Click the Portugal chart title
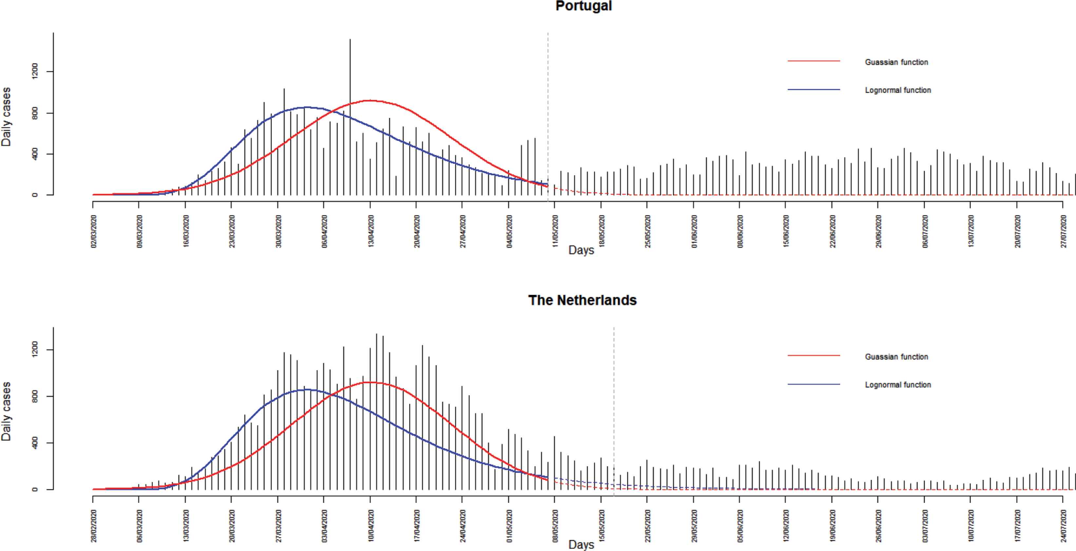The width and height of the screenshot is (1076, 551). click(x=583, y=6)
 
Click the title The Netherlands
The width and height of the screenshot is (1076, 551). click(x=582, y=300)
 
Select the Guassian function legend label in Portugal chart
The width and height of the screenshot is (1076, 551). click(x=896, y=62)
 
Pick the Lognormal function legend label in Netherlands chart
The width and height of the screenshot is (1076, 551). click(x=898, y=385)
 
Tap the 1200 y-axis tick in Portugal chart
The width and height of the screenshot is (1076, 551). click(x=35, y=71)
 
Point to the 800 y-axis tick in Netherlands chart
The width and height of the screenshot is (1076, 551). click(x=35, y=396)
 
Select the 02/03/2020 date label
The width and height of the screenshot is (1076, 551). click(x=94, y=231)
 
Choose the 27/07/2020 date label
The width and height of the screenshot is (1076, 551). click(x=1064, y=231)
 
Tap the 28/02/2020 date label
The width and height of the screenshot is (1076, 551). click(x=94, y=526)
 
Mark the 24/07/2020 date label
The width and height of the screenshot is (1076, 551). click(x=1064, y=526)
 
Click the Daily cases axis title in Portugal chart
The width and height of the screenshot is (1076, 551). click(x=6, y=117)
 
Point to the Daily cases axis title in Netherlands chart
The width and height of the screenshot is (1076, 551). click(x=6, y=411)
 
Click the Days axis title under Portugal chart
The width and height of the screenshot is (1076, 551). click(x=581, y=250)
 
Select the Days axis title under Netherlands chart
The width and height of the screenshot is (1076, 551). click(x=581, y=544)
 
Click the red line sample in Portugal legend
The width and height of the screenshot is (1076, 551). click(x=814, y=61)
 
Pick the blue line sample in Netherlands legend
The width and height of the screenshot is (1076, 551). click(x=814, y=384)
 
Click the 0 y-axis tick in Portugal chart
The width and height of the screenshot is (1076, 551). click(x=35, y=195)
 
